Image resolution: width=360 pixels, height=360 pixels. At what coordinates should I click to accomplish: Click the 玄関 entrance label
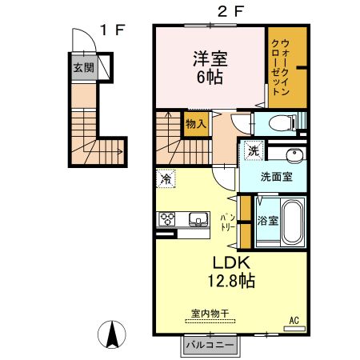[82, 68]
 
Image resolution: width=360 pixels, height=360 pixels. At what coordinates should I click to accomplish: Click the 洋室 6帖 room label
[207, 67]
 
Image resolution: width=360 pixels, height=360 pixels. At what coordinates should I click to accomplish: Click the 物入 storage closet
[196, 123]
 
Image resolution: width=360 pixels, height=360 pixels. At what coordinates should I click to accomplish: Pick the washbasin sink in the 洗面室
[294, 155]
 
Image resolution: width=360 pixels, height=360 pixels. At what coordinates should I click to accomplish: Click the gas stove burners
[167, 218]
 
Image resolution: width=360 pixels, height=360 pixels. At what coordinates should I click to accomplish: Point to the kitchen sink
[197, 218]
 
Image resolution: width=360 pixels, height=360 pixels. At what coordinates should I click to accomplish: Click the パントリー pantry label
[226, 218]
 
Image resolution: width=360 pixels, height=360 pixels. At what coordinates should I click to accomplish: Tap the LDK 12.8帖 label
[232, 271]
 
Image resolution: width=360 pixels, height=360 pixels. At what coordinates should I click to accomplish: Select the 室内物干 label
[209, 313]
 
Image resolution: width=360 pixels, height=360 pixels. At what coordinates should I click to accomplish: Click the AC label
[294, 321]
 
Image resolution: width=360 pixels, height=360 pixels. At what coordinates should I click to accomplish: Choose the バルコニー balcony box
[210, 345]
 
